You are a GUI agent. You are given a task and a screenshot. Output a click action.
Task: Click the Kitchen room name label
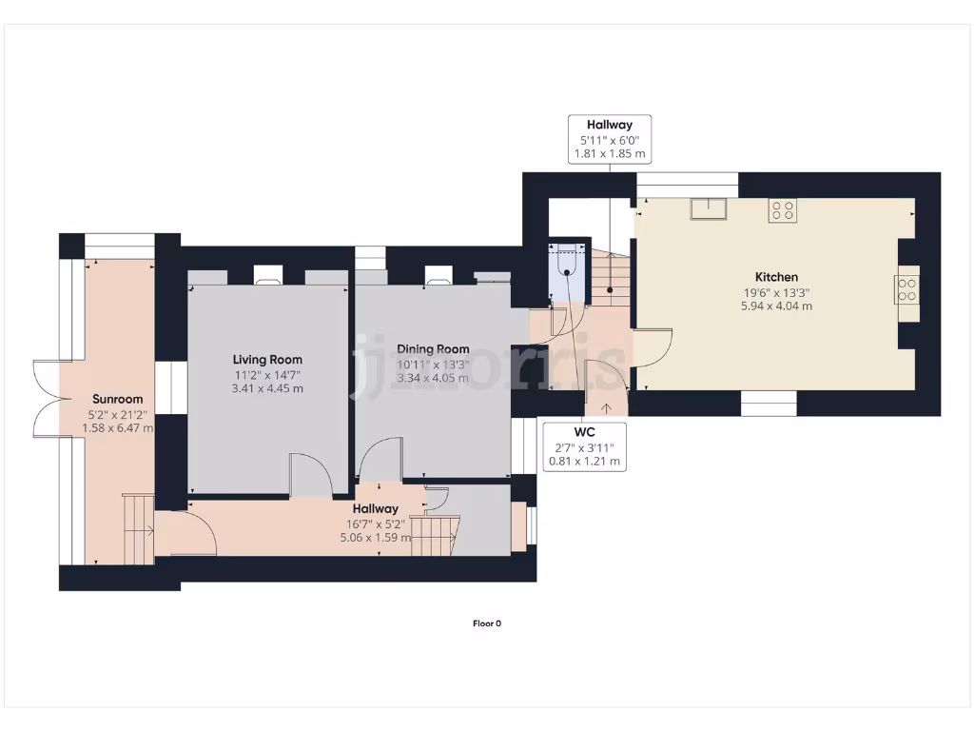[778, 277]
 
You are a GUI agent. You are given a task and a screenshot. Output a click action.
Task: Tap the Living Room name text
[267, 360]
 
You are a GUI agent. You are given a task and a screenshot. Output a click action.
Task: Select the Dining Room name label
[433, 349]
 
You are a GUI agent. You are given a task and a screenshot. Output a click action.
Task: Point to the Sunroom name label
[117, 399]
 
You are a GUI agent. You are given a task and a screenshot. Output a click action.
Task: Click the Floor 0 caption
[486, 623]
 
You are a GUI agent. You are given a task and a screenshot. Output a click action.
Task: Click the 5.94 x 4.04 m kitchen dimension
[778, 306]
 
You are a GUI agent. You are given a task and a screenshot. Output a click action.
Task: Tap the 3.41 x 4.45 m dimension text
[267, 388]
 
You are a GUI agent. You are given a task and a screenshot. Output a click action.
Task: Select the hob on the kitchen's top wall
[783, 210]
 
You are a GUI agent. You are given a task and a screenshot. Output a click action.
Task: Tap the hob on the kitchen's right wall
[906, 288]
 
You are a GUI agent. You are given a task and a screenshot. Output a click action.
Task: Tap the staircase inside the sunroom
[138, 528]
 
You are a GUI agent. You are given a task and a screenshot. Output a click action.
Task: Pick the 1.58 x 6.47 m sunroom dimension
[117, 428]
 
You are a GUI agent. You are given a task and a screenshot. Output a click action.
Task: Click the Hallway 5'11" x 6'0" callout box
[609, 138]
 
